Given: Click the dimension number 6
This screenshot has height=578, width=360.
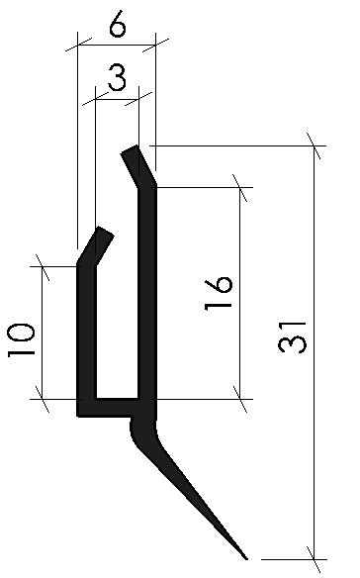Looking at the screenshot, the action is tap(118, 26).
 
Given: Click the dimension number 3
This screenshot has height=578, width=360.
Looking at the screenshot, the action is tap(117, 78).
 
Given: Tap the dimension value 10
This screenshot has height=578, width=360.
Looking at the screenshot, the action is tap(21, 339).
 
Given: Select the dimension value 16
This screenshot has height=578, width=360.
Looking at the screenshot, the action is tap(219, 295).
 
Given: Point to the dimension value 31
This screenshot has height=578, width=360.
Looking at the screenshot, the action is tap(292, 337).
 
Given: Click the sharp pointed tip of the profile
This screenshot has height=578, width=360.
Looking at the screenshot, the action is tap(245, 558).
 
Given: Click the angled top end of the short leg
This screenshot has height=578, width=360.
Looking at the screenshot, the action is tap(105, 233).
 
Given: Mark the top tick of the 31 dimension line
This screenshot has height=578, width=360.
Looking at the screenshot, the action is tap(315, 145).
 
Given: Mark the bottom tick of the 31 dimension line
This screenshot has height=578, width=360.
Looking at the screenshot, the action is tap(315, 559).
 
